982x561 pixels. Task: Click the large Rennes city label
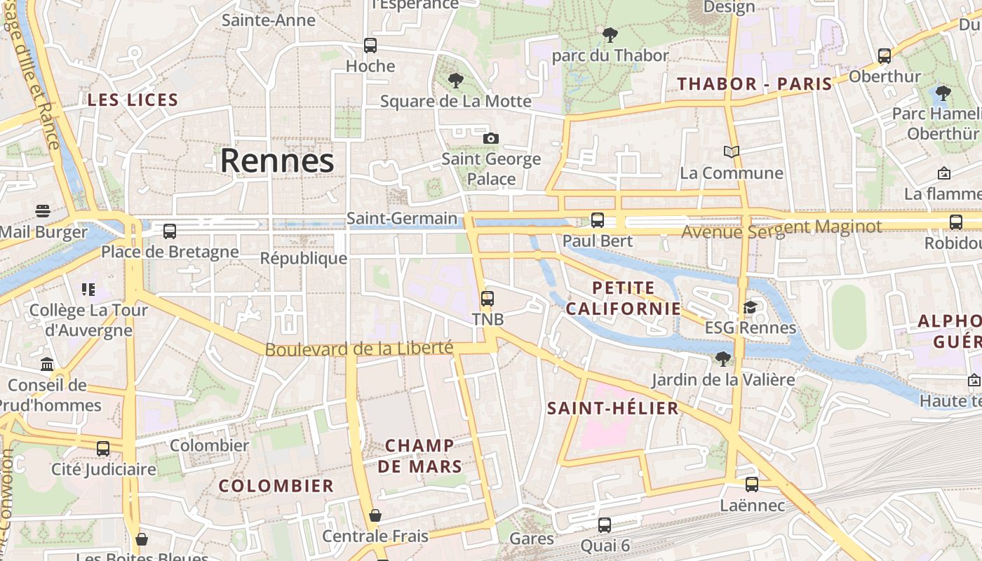coord(277,161)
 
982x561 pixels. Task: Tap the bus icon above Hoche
coord(370,46)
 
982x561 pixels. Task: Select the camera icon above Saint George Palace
coord(491,138)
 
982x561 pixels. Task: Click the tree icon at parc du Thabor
coord(610,34)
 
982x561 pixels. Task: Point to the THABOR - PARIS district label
coord(754,84)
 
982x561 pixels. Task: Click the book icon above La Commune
coord(732,151)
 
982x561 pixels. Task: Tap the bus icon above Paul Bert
coord(598,220)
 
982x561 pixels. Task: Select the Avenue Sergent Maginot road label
coord(781,228)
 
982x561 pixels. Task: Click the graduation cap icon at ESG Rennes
coord(750,307)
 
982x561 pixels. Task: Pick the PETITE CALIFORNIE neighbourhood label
coord(624,298)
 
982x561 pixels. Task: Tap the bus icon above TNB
coord(487,299)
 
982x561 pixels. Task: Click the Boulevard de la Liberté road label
coord(358,348)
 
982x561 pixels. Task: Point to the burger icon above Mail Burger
coord(42,211)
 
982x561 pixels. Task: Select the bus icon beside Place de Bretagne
coord(170,231)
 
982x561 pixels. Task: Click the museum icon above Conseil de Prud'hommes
coord(47,364)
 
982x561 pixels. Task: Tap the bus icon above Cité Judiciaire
coord(103,448)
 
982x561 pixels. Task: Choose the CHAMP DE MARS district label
coord(419,456)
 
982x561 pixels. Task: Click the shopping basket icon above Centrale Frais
coord(375,516)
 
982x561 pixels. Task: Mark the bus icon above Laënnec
coord(752,484)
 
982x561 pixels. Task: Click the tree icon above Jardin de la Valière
coord(722,360)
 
